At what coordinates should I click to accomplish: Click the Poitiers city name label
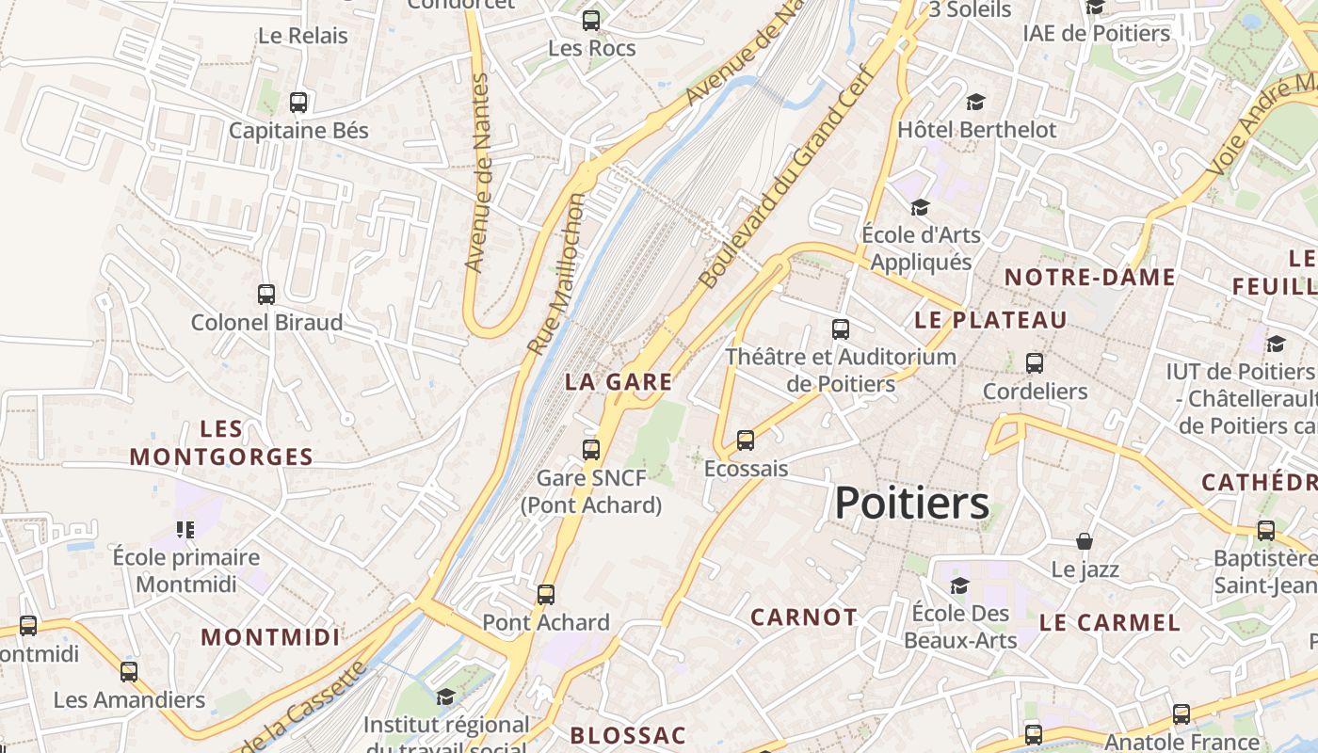911,504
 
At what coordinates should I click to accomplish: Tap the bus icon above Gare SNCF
591,450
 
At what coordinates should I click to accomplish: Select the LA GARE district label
619,382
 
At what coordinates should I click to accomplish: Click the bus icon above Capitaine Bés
298,102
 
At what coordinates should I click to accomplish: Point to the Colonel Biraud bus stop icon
266,295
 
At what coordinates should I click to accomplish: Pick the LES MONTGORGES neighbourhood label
221,443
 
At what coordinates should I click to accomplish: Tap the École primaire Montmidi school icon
185,530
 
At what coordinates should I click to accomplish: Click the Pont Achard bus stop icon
546,595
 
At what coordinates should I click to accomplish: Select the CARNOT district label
804,617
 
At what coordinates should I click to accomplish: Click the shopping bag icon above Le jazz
1085,541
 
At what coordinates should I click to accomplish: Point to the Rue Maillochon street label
555,275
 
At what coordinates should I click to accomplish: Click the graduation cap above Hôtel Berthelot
975,102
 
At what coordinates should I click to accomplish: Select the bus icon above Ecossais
746,441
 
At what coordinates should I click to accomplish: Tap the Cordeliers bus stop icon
1035,363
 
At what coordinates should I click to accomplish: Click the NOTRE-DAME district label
1089,278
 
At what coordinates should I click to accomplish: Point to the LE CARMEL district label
1109,623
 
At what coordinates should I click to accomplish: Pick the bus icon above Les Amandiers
129,672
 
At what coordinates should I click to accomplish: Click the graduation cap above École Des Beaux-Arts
959,585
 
